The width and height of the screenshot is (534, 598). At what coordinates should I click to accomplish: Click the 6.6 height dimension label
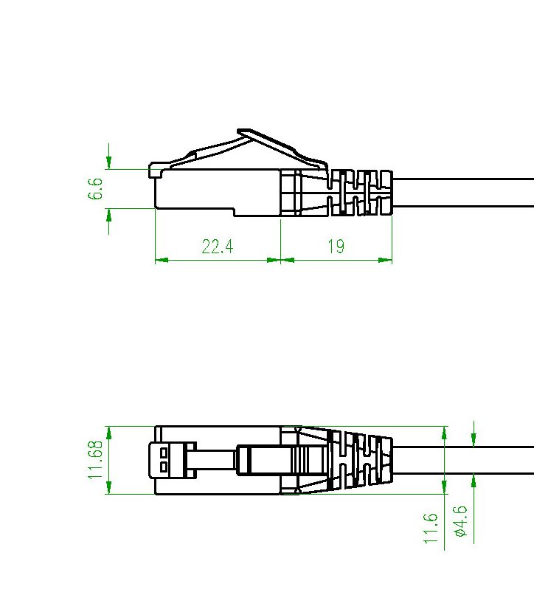coord(95,189)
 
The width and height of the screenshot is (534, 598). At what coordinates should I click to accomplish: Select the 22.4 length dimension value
coord(217,247)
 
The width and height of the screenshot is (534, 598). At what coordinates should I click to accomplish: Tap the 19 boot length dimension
coord(336,247)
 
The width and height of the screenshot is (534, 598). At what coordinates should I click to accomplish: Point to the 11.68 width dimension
coord(95,460)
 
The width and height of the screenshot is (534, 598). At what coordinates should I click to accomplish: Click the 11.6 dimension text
coord(431,528)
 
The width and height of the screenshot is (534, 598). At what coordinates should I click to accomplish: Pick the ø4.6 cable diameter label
coord(460,521)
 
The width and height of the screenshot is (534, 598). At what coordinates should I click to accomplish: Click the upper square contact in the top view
coord(164,453)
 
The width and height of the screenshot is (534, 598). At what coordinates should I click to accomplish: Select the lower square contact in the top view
coord(164,467)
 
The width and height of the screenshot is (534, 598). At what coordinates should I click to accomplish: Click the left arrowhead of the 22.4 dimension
coord(162,260)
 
